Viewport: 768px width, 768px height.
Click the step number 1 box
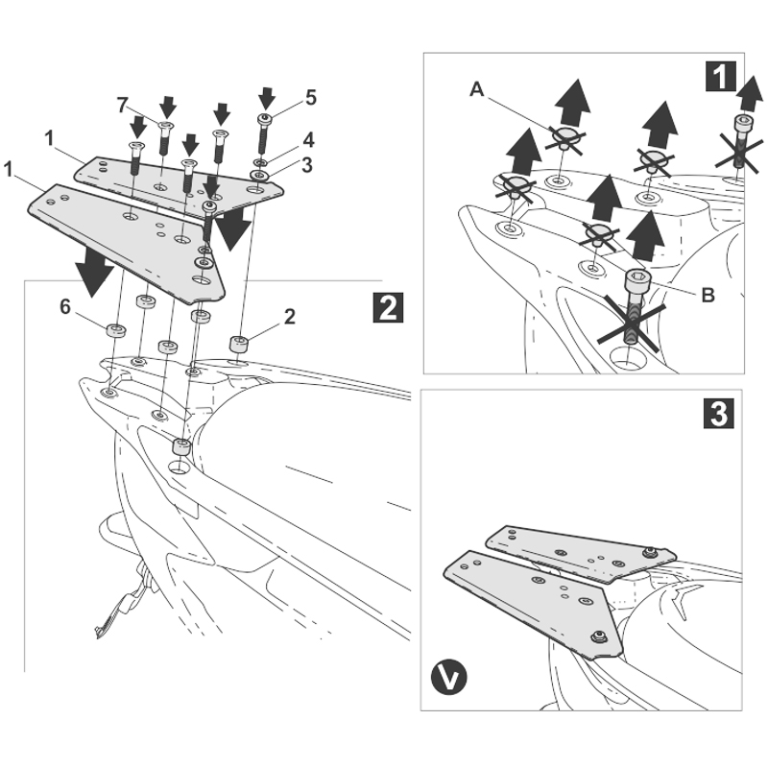tap(721, 75)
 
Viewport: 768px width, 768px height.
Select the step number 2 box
tap(386, 307)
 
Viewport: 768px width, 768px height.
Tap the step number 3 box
tap(721, 412)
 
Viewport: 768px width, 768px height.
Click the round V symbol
tap(448, 678)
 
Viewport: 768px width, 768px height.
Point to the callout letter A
tap(477, 90)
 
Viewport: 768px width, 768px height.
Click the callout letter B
tap(707, 295)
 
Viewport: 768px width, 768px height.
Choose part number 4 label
tap(309, 139)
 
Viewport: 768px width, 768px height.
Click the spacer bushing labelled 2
tap(239, 343)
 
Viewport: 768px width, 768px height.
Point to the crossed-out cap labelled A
tap(565, 135)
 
